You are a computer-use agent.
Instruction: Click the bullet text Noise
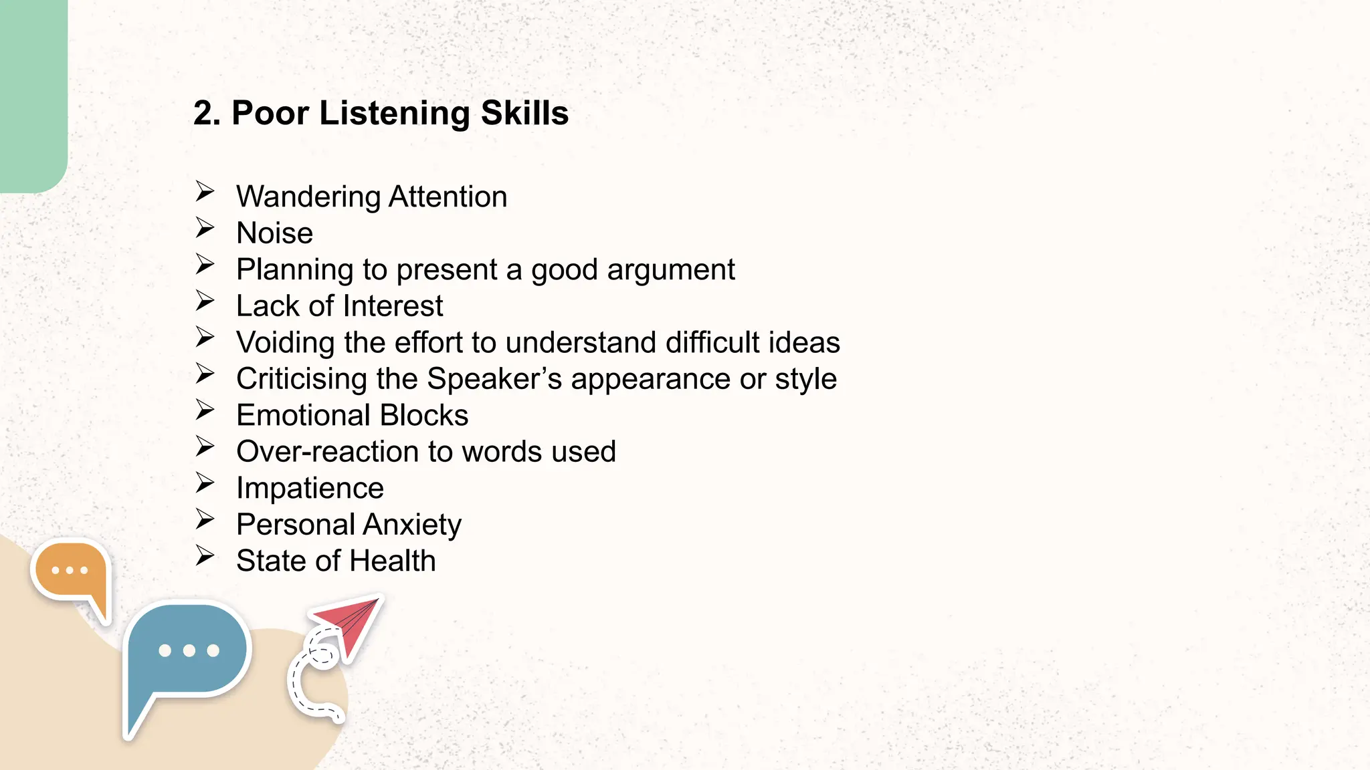point(274,233)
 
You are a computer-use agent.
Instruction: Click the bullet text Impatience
point(310,489)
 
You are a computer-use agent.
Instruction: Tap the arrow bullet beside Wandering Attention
point(205,192)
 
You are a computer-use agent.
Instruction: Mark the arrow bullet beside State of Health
point(205,556)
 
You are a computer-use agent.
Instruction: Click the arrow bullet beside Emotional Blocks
point(205,410)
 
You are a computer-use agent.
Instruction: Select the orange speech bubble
point(71,572)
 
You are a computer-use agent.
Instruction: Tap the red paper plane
point(351,622)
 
